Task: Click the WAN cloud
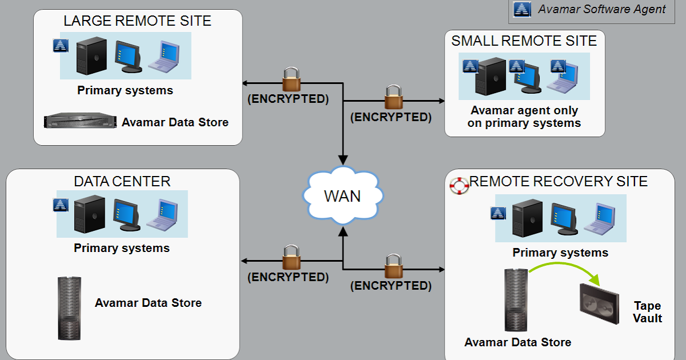(x=342, y=195)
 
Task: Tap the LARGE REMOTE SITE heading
(x=137, y=22)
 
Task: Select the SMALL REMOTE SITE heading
(x=524, y=41)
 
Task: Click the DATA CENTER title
(x=122, y=182)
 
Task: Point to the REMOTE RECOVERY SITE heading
(x=558, y=182)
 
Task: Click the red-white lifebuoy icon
(x=458, y=185)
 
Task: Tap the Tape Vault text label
(x=647, y=312)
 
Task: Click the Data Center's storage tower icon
(x=69, y=308)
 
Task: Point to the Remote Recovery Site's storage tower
(x=514, y=299)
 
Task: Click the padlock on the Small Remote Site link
(x=393, y=97)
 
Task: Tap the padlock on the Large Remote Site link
(x=290, y=79)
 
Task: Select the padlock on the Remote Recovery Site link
(x=393, y=265)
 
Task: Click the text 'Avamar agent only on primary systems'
(x=524, y=117)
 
